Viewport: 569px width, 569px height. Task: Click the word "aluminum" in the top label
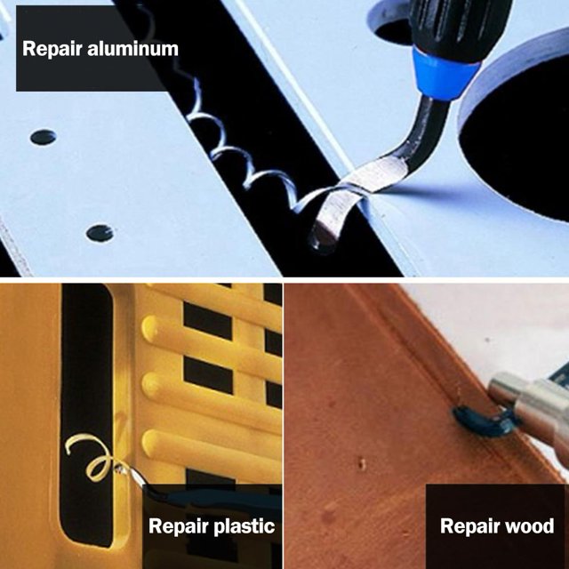(x=132, y=49)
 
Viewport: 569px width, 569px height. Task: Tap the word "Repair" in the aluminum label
(x=52, y=50)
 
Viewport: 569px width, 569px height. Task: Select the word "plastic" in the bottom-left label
(x=244, y=526)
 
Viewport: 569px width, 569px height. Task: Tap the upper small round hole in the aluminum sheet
(x=44, y=137)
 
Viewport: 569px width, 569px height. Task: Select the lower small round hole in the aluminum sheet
(x=100, y=233)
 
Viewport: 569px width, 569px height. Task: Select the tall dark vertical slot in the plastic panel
(x=86, y=413)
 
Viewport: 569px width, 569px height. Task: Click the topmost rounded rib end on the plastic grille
(x=149, y=328)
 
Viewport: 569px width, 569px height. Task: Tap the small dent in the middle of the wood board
(x=362, y=463)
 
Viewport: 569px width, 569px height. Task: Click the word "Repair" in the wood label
(x=464, y=526)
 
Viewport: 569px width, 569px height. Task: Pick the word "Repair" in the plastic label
(x=179, y=526)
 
